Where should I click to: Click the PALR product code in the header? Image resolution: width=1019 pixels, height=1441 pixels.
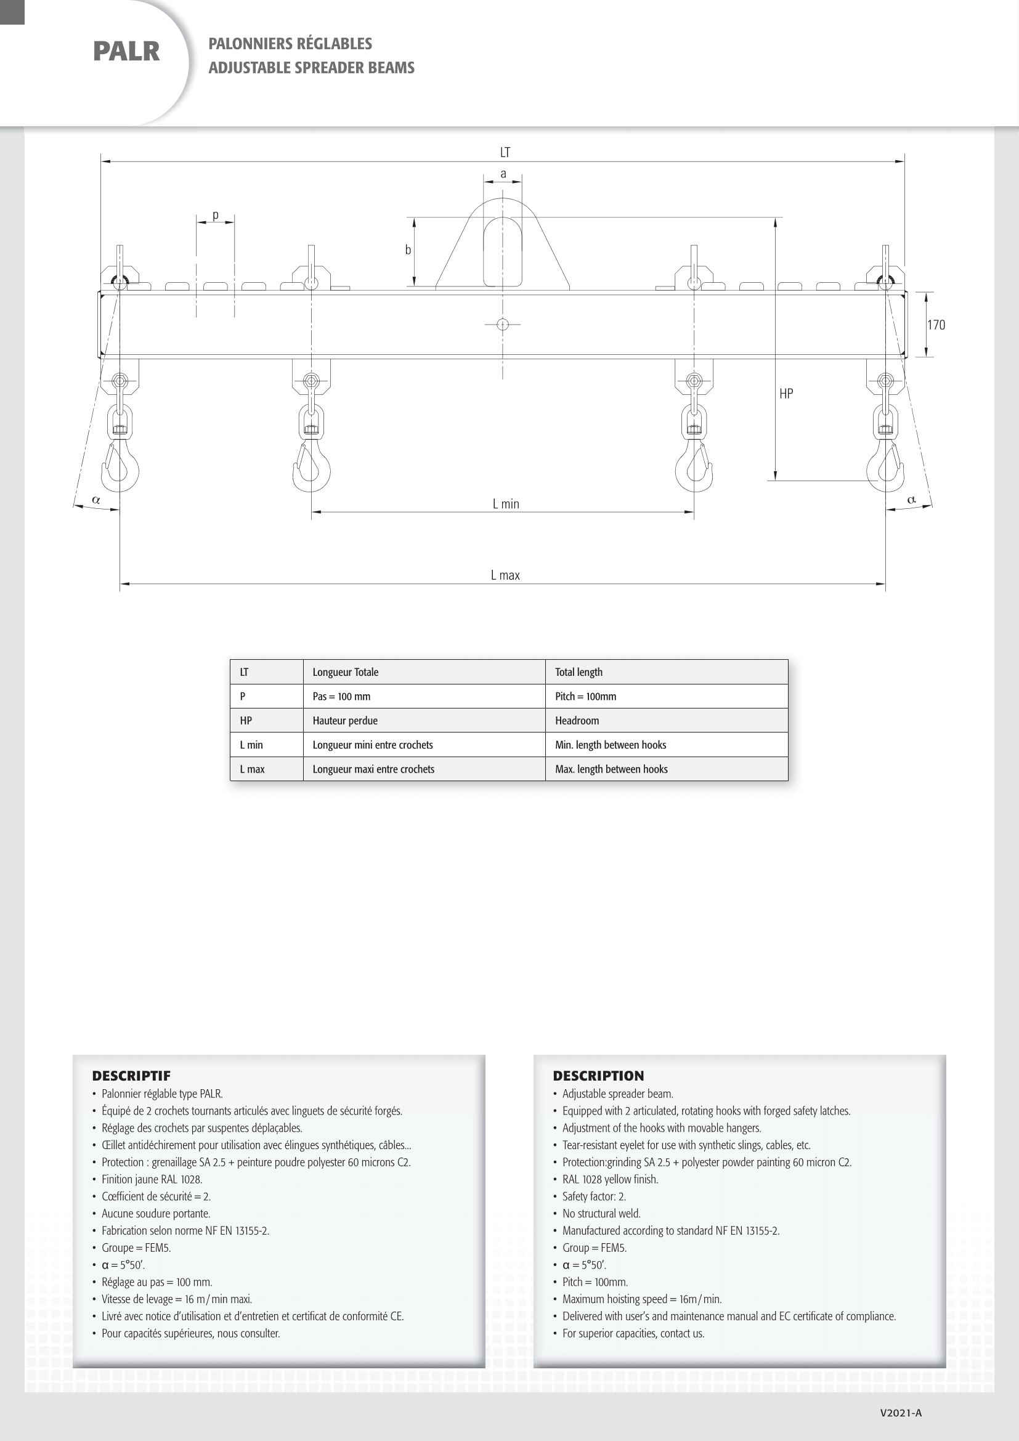click(x=126, y=52)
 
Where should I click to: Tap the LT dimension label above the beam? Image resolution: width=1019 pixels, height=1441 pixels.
click(x=505, y=153)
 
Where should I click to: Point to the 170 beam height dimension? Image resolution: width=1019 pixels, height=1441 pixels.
click(x=936, y=325)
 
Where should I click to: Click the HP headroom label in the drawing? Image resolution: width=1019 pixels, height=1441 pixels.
click(x=786, y=394)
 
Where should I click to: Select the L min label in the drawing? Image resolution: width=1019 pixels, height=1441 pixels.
click(x=506, y=504)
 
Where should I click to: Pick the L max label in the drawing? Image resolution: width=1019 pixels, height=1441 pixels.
click(x=505, y=575)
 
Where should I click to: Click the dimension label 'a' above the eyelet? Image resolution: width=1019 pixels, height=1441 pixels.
click(x=503, y=174)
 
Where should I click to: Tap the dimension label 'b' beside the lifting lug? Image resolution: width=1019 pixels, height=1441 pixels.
click(x=408, y=250)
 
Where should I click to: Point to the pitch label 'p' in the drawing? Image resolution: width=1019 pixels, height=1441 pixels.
click(x=215, y=215)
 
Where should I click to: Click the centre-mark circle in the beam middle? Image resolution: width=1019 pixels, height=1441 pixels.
click(x=503, y=325)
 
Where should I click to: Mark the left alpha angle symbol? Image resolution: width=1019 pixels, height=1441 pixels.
click(x=96, y=500)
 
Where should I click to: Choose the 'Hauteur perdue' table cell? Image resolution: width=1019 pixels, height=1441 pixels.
click(x=345, y=721)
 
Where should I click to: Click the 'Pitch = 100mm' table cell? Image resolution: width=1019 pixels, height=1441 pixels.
click(x=585, y=697)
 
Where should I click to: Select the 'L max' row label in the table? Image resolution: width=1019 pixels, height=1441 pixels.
click(x=252, y=769)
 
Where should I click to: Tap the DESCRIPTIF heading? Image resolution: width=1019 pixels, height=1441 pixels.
click(x=131, y=1076)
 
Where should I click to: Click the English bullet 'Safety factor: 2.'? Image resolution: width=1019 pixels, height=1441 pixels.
click(x=593, y=1196)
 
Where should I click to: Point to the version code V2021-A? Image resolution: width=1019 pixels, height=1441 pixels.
click(x=901, y=1413)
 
